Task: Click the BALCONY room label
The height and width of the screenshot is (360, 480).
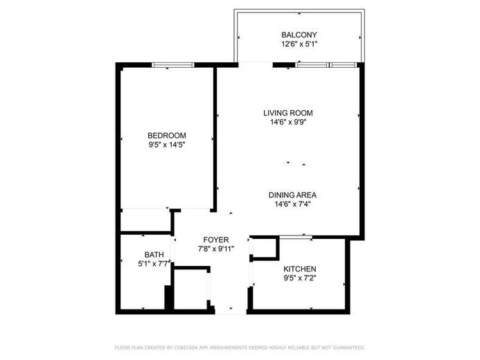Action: pos(299,35)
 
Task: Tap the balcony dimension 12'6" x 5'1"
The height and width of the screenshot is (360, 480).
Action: pos(299,44)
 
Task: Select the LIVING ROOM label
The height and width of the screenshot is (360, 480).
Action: pos(288,113)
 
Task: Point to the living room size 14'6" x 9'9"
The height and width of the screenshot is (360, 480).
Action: pos(288,123)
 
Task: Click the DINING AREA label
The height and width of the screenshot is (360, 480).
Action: pos(292,195)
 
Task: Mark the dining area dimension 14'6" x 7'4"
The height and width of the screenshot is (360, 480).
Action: pos(292,204)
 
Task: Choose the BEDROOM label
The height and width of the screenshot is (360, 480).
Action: pos(167,135)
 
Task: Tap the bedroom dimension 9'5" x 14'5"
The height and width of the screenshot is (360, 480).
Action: pos(167,145)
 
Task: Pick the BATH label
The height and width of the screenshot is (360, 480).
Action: pos(154,254)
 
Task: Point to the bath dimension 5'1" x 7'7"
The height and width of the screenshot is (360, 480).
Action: pos(154,264)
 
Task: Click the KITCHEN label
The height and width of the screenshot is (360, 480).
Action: pos(300,269)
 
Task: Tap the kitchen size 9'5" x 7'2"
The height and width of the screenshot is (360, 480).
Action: pos(300,278)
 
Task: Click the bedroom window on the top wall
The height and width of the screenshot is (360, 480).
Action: pos(173,65)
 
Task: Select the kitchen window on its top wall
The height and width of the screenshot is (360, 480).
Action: pos(296,237)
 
